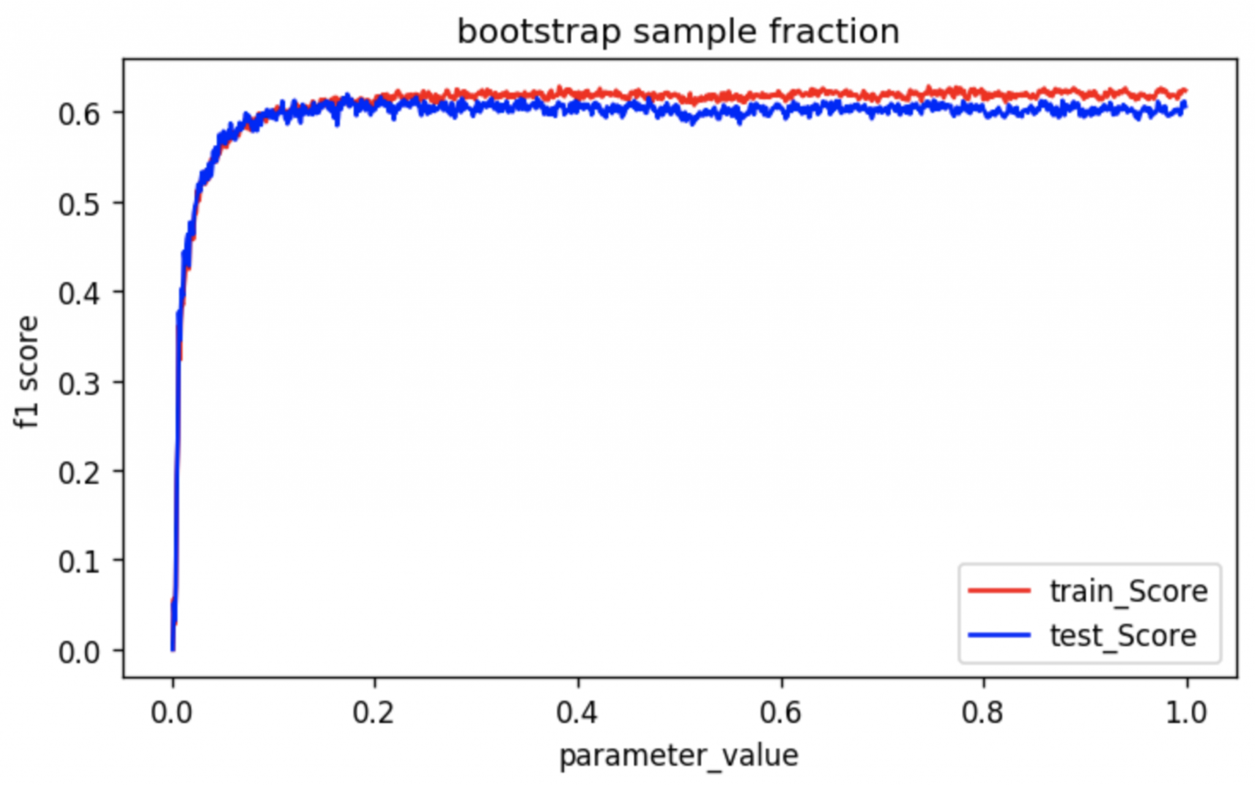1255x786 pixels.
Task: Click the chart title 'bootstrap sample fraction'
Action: (x=678, y=32)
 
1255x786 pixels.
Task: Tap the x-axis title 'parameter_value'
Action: (x=679, y=755)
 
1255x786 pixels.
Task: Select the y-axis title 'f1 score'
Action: (x=28, y=372)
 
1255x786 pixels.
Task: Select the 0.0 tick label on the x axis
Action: (x=172, y=712)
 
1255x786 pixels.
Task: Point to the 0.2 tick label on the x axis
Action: (x=374, y=712)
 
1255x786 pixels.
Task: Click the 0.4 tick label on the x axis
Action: (x=577, y=712)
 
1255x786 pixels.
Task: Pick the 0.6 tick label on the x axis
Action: (x=781, y=712)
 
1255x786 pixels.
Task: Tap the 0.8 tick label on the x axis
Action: (x=984, y=712)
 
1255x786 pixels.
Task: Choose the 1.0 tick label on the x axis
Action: (x=1186, y=712)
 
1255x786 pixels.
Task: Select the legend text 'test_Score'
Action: (x=1123, y=635)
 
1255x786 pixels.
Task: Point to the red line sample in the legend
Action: (x=999, y=591)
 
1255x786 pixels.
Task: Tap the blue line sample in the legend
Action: (x=999, y=635)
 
